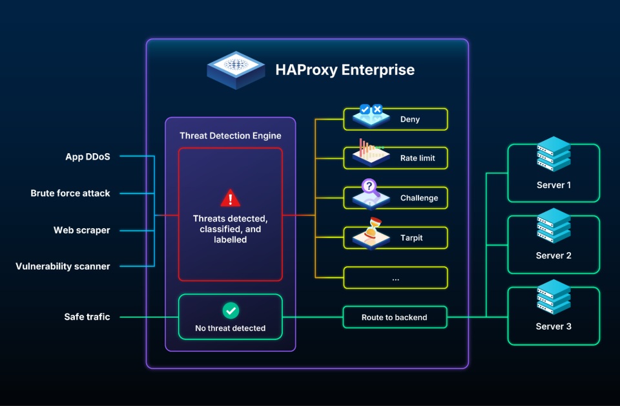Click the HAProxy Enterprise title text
345,69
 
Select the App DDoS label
88,156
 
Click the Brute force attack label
70,193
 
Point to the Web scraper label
82,230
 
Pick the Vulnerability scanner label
63,266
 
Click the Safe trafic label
87,317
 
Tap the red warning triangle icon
230,198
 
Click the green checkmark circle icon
231,311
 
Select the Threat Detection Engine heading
231,136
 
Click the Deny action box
395,119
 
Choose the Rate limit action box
395,158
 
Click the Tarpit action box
395,238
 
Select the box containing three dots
395,277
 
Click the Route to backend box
395,317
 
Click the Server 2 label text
553,255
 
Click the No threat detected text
231,328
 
